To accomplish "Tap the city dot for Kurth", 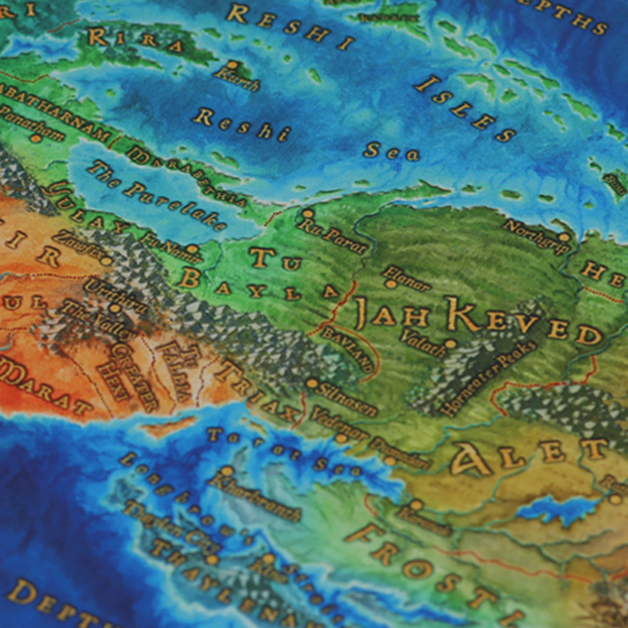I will (233, 65).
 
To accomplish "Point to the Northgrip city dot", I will (563, 237).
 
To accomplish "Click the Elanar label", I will (407, 277).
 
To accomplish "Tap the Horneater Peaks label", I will (488, 378).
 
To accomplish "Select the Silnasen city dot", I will (312, 383).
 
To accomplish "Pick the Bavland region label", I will (347, 349).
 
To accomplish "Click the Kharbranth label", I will (256, 498).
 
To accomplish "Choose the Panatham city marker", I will (35, 138).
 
